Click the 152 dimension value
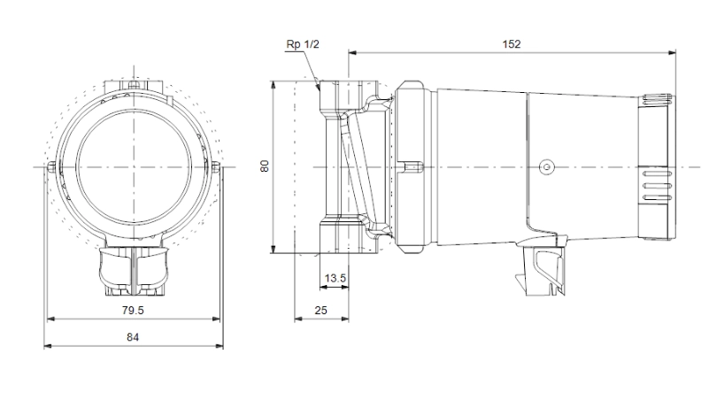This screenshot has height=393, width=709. pos(512,44)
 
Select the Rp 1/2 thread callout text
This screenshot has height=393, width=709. pos(303,44)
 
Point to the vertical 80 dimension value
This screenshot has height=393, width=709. pos(265,166)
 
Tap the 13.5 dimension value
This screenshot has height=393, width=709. pos(335,278)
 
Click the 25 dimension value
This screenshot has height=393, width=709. pos(320,310)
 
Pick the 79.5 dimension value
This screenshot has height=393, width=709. pos(133,310)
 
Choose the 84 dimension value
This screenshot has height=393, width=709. pos(133,337)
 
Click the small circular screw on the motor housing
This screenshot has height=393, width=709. pos(546,167)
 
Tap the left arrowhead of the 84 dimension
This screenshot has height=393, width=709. pos(48,346)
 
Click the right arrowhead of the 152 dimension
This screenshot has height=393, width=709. pos(672,53)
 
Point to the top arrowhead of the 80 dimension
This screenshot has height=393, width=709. pos(274,86)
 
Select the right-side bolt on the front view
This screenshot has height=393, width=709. pos(216,166)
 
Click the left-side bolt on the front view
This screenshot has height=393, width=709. pos(51,167)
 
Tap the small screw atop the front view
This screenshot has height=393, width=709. pos(133,84)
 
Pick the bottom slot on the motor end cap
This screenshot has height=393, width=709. pos(657,197)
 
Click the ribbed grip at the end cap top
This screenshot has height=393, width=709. pos(657,99)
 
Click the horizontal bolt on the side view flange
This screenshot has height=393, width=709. pos(411,167)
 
